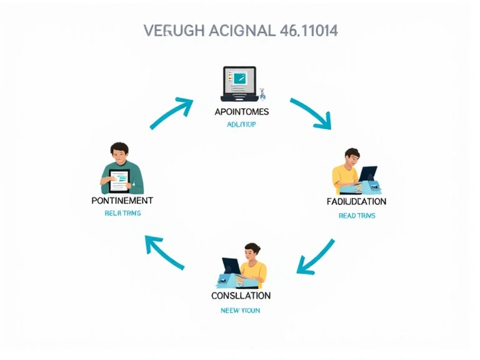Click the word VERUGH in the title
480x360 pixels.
point(170,31)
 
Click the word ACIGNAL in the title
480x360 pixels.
point(236,31)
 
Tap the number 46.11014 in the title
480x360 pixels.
point(307,31)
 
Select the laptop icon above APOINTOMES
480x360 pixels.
point(239,84)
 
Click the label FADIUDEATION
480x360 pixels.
point(356,201)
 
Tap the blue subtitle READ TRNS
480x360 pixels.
point(356,216)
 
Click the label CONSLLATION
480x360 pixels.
point(241,295)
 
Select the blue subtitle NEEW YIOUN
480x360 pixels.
point(241,310)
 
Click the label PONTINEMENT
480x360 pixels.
point(122,201)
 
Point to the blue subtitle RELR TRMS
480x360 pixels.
point(122,213)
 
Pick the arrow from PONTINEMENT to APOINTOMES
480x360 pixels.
point(171,113)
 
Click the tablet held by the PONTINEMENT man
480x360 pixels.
point(119,181)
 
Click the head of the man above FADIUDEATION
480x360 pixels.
point(352,157)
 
